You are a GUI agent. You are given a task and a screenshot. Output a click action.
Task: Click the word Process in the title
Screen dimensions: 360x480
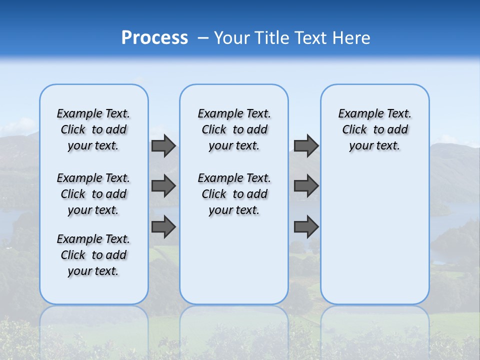154,38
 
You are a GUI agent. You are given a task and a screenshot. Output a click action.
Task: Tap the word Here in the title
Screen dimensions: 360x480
351,38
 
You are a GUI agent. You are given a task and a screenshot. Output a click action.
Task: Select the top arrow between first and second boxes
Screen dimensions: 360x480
163,146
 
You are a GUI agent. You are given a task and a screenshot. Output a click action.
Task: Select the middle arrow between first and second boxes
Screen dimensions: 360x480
163,186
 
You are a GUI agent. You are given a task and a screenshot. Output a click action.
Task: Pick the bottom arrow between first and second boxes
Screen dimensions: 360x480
163,227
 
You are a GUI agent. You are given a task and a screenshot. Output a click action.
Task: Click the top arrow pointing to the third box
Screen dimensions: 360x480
306,146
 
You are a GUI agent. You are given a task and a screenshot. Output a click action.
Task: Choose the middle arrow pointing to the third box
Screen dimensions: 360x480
306,186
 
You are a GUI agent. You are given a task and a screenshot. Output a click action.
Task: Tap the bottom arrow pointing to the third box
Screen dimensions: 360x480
306,227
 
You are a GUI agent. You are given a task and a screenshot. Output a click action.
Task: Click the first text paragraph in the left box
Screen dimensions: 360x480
93,130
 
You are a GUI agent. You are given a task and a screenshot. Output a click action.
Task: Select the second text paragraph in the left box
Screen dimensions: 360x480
93,194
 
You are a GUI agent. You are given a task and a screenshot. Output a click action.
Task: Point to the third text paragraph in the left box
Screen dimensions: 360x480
93,255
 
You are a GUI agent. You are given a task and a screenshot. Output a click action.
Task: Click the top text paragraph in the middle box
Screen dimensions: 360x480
234,130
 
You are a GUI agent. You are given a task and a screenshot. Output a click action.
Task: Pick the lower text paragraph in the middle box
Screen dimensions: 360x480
234,194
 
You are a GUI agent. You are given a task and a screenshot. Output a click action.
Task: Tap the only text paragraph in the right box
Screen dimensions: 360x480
374,130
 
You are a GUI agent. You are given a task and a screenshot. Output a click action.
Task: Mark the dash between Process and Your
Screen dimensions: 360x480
203,38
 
